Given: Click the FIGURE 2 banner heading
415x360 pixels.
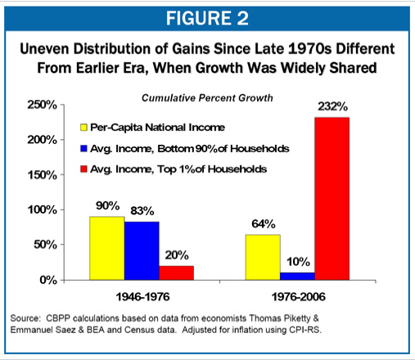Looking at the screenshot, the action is [x=207, y=19].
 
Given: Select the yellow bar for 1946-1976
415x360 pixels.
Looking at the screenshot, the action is [x=107, y=248].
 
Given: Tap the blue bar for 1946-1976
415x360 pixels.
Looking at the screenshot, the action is [x=142, y=251].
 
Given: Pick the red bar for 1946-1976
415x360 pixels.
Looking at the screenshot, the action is [x=176, y=273].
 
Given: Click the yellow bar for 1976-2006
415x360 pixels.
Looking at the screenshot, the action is [x=263, y=257].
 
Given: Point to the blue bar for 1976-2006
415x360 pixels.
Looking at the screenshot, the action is [x=297, y=277].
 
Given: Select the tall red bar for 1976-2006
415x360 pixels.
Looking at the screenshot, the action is [x=332, y=199].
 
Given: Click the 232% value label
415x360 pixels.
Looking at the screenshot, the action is [x=332, y=106].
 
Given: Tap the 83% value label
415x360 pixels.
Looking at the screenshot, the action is [x=142, y=211].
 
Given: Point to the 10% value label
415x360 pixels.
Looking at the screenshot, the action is [x=298, y=262].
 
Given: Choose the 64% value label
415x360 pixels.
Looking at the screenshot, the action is [x=264, y=224].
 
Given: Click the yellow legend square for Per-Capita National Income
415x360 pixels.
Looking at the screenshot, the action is [x=83, y=128].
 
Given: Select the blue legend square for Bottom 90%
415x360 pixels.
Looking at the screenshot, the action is [x=83, y=149].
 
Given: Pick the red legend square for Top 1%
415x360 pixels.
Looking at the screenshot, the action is [x=83, y=169].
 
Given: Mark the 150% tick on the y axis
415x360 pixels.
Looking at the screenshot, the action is [x=62, y=174].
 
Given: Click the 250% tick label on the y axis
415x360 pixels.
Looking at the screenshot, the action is [x=42, y=105].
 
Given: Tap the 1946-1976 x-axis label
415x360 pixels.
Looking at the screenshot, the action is [x=142, y=297].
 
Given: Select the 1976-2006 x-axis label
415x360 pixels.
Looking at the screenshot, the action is [x=299, y=297].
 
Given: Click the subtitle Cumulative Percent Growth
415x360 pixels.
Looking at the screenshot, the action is [x=207, y=98].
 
